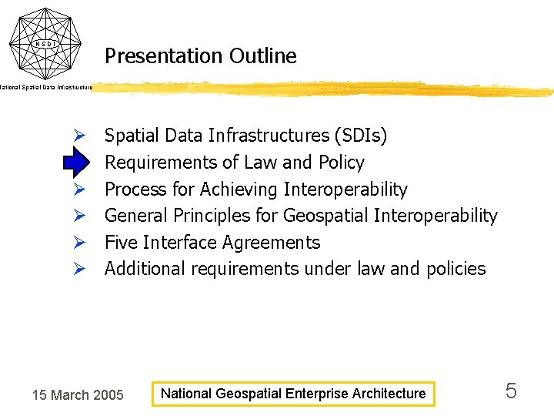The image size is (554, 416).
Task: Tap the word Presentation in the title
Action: (163, 56)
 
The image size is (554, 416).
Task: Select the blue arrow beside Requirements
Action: (78, 163)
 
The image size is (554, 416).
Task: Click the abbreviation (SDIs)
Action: (361, 136)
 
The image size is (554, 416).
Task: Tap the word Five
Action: (121, 243)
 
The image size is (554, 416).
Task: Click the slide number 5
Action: (511, 391)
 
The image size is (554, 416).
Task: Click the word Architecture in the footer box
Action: (389, 394)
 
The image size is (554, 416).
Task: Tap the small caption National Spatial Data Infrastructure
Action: (46, 88)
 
